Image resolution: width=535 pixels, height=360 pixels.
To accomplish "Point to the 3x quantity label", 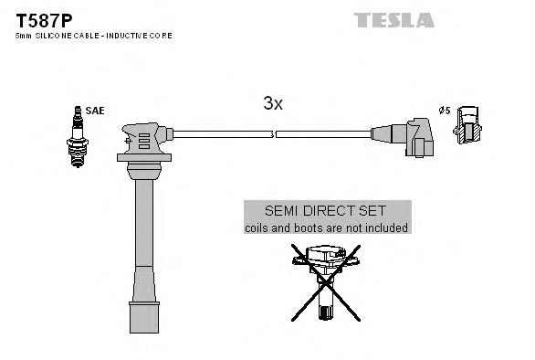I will (x=273, y=104).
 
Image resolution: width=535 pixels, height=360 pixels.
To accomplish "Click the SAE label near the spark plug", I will (x=97, y=111).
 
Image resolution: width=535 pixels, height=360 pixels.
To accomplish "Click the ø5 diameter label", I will (x=445, y=111).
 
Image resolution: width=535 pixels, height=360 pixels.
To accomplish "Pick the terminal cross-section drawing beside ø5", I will (x=467, y=126).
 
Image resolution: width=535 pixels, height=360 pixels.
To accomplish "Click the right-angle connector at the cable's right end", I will (x=415, y=137).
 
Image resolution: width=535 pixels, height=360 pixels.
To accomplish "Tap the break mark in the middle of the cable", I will (x=275, y=135).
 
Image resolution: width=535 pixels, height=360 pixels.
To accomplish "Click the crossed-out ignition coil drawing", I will (x=326, y=278).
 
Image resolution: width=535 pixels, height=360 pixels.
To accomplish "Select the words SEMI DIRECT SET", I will (x=326, y=210).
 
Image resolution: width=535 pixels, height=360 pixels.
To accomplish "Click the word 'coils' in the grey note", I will (x=259, y=228).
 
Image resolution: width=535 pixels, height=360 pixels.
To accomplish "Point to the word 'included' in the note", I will (x=386, y=228).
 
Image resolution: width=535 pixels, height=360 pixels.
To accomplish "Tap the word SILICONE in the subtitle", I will (x=52, y=35).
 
